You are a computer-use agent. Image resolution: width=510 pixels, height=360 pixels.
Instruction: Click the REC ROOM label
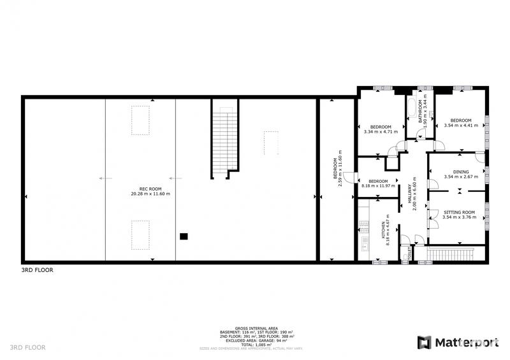click(x=146, y=188)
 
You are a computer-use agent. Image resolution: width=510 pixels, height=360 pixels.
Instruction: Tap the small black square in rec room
click(x=184, y=236)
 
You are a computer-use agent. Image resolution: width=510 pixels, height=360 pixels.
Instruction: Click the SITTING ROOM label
click(x=459, y=212)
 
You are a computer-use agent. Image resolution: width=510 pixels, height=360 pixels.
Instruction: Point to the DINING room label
click(x=460, y=171)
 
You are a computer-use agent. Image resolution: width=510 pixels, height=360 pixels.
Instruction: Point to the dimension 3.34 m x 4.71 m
click(x=380, y=132)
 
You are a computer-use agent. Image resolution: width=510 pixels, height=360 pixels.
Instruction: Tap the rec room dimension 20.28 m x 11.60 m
click(x=146, y=193)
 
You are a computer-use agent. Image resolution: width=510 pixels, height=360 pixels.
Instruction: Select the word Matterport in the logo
click(x=467, y=343)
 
